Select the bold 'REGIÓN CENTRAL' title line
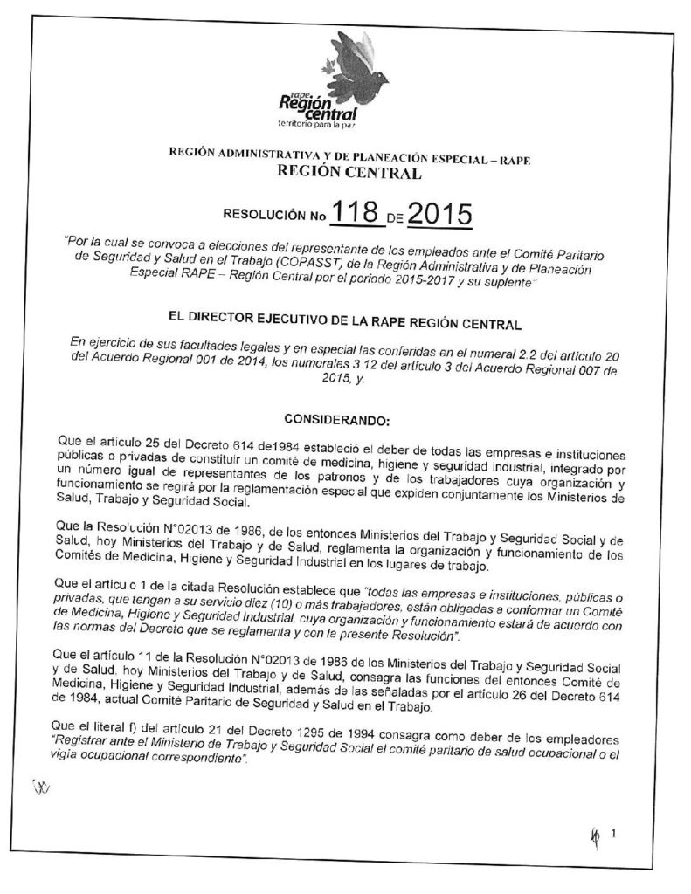pyautogui.click(x=347, y=173)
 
